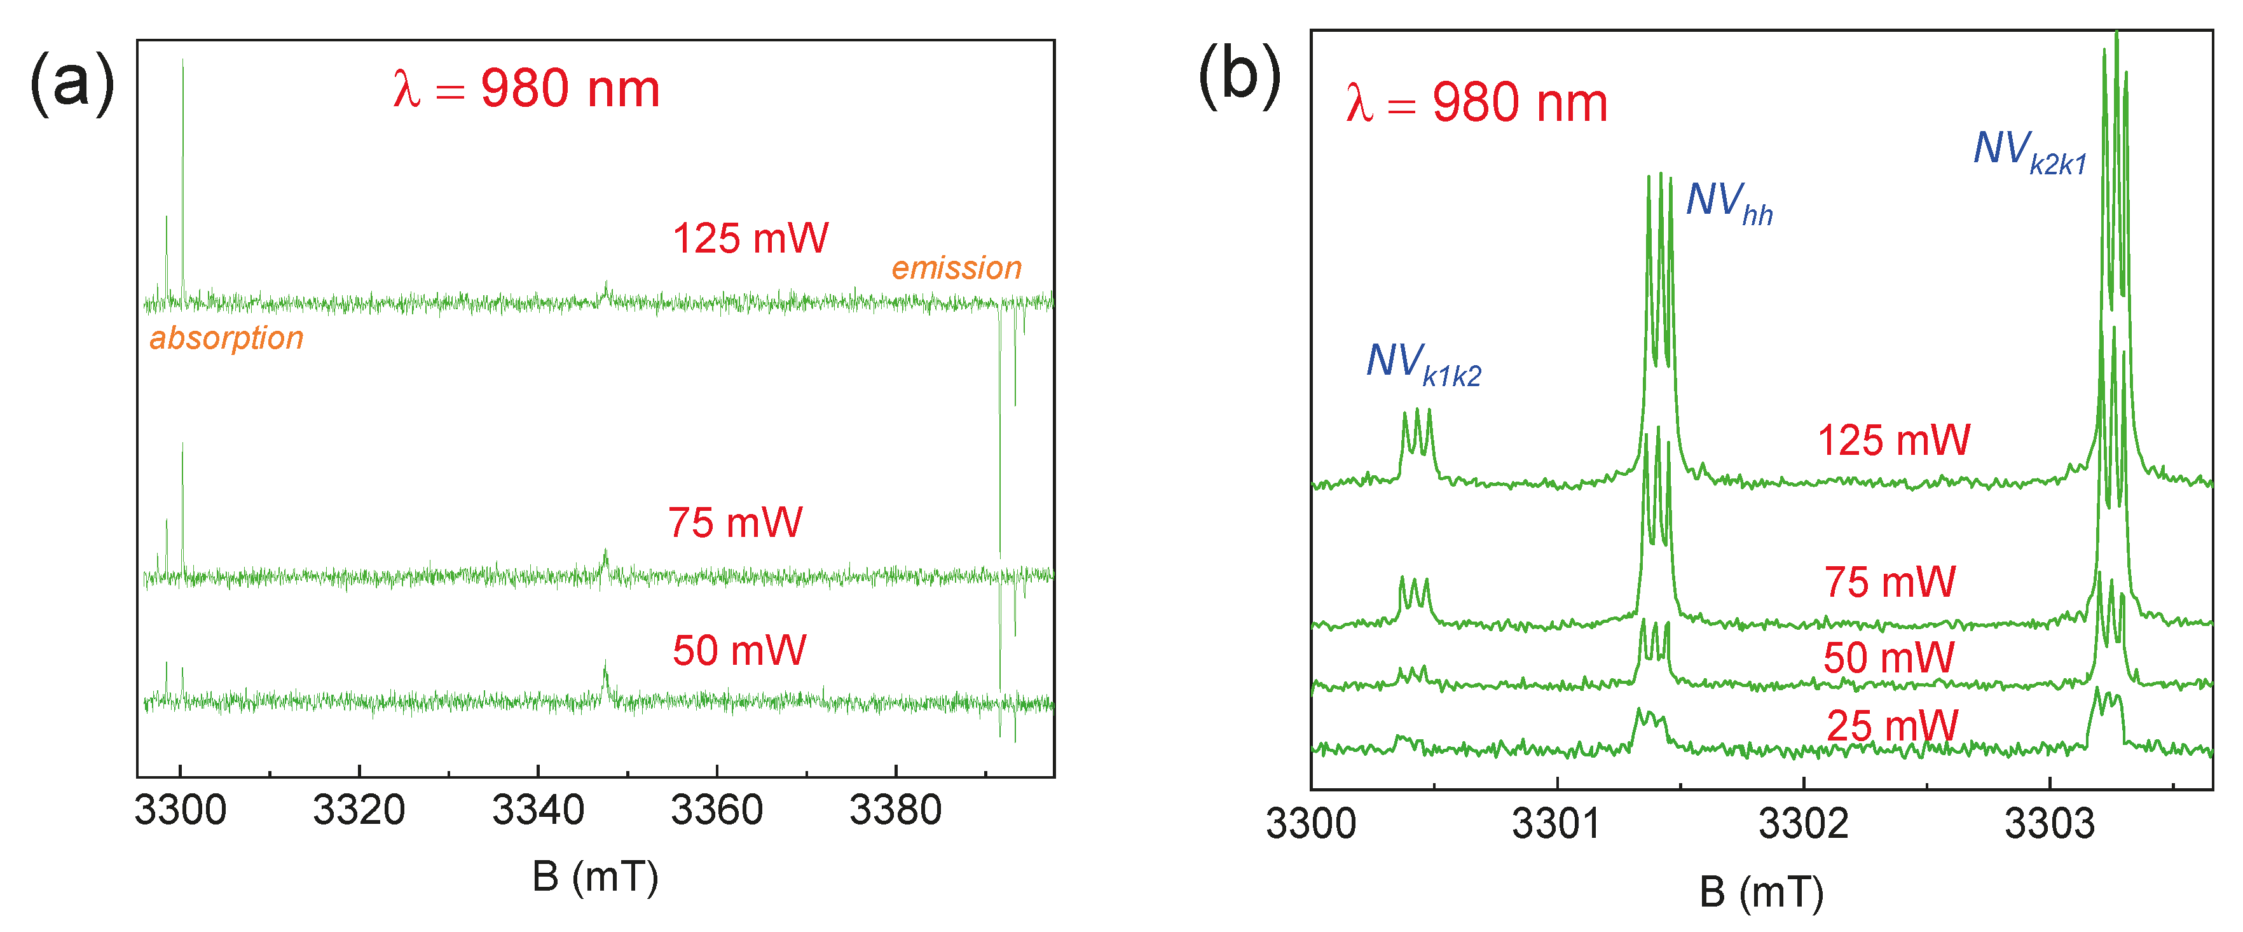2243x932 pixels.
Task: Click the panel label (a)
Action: (72, 83)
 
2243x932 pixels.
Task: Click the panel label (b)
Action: (1239, 76)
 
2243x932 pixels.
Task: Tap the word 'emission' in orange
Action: (956, 268)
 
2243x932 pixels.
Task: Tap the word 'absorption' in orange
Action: (226, 338)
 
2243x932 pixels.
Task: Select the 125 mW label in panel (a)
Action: (751, 239)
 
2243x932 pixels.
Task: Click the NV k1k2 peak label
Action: (1423, 363)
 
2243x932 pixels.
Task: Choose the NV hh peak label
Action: (1729, 203)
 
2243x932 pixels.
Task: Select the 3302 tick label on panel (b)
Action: (1803, 824)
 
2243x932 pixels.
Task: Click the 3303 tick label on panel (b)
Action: (2050, 824)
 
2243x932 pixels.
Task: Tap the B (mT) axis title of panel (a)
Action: (596, 876)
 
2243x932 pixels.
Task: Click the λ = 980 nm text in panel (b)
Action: (1476, 103)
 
